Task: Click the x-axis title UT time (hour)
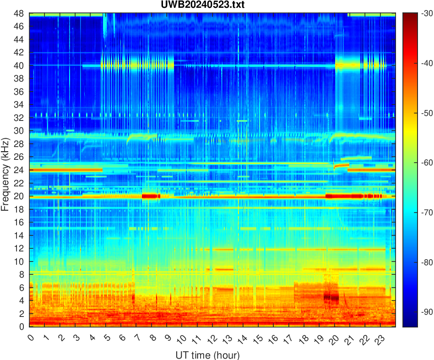pos(207,355)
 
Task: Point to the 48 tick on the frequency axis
pos(19,13)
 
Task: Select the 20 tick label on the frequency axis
pos(19,196)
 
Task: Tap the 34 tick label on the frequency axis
pos(19,105)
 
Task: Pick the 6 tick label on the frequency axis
pos(21,288)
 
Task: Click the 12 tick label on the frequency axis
pos(19,248)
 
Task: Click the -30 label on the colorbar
pos(427,14)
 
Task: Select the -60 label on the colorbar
pos(427,163)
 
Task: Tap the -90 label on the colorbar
pos(427,312)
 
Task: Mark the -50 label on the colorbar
pos(427,113)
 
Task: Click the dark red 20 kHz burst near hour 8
pos(151,196)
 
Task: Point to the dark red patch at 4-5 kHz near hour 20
pos(331,297)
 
